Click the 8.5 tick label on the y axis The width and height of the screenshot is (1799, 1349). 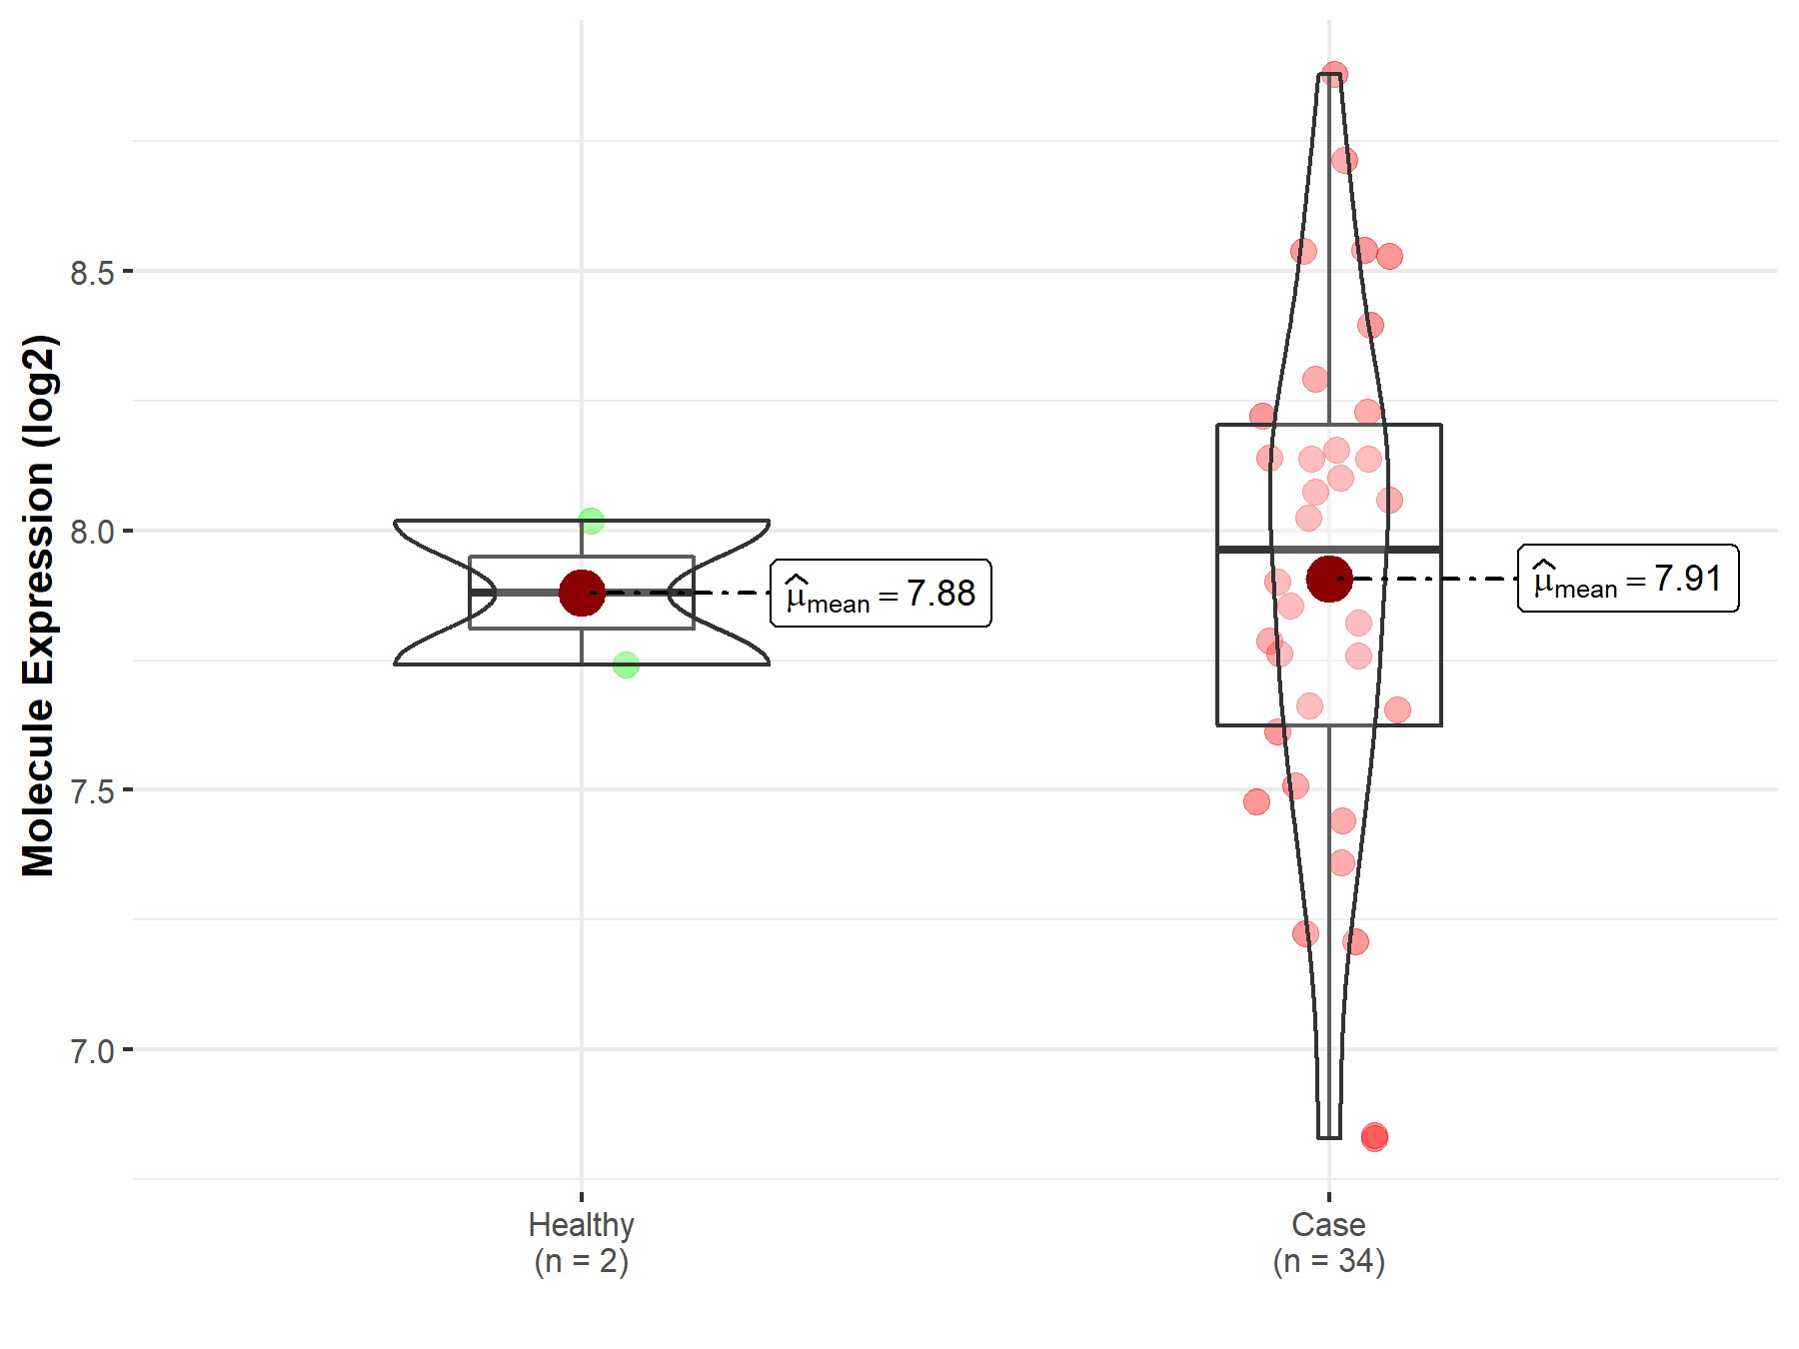92,272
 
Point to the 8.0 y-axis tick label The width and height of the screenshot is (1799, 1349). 92,532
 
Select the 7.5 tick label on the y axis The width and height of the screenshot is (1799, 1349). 92,790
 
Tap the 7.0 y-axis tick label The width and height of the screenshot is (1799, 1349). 92,1050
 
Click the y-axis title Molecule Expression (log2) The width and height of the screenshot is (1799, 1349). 39,606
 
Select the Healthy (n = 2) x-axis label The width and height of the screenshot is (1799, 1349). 582,1243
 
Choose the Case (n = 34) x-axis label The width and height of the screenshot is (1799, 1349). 1328,1243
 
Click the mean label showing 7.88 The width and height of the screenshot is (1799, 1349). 881,594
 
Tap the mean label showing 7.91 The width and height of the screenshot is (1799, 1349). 1628,579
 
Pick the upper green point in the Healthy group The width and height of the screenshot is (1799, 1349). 592,521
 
